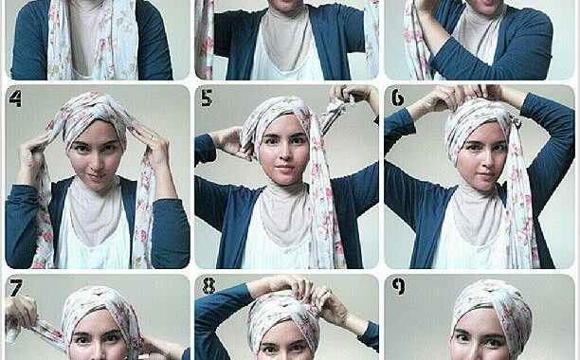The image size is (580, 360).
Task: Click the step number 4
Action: coord(15,99)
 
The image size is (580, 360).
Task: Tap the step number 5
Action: coord(206,98)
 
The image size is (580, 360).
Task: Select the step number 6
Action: coord(398,98)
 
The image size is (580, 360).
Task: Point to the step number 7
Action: coord(16,288)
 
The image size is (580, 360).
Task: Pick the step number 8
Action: coord(209,286)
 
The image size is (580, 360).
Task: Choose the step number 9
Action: coord(398,286)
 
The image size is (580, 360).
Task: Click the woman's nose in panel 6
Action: coord(482,160)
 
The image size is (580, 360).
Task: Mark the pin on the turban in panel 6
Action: coord(516,122)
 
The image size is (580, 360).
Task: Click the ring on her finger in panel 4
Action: coord(152,137)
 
